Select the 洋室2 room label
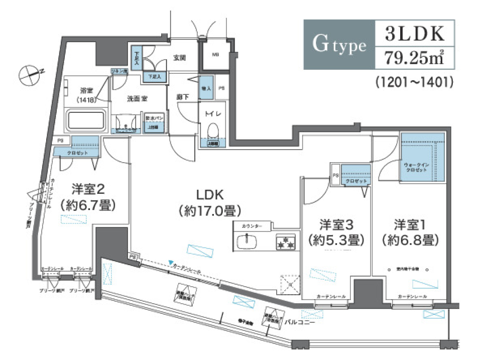click(x=87, y=189)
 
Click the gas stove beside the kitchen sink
click(x=285, y=243)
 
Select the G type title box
click(x=339, y=44)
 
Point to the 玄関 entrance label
click(x=180, y=58)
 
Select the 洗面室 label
click(x=136, y=99)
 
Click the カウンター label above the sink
click(x=251, y=226)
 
